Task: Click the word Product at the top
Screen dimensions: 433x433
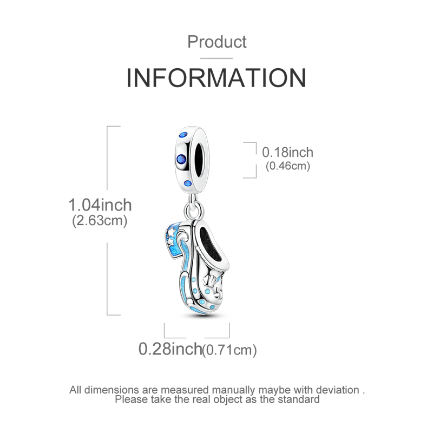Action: click(217, 42)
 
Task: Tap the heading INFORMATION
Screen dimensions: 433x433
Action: click(216, 78)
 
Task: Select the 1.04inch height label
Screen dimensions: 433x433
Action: click(100, 205)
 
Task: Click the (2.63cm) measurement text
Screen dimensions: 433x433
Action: click(100, 221)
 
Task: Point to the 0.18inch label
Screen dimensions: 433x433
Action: click(287, 153)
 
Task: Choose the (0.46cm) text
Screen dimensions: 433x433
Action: click(288, 166)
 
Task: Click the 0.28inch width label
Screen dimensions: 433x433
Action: click(170, 349)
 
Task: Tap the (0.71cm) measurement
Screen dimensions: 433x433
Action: click(229, 350)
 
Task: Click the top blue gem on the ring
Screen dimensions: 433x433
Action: click(183, 135)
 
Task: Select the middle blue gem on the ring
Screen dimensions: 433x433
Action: click(181, 159)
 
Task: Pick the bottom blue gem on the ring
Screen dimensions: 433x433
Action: click(188, 183)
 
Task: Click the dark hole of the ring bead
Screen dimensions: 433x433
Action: click(200, 160)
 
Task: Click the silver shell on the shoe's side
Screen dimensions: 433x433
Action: click(208, 281)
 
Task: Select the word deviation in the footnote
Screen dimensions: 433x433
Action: click(338, 390)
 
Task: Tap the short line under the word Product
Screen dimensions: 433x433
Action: click(216, 58)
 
